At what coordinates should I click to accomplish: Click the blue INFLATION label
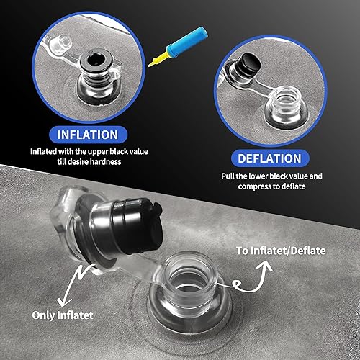pos(88,135)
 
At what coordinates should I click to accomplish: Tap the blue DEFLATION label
pos(270,158)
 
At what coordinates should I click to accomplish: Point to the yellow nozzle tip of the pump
pos(150,65)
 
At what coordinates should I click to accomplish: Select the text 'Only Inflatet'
pos(63,315)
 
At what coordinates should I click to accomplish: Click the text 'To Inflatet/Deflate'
pos(281,251)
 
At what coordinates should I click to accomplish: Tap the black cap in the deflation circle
pos(250,62)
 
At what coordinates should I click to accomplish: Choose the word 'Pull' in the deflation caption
pos(228,176)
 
